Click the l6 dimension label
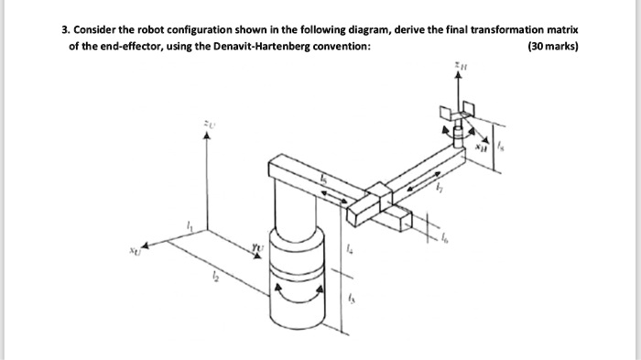[446, 237]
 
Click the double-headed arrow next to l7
[421, 179]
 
